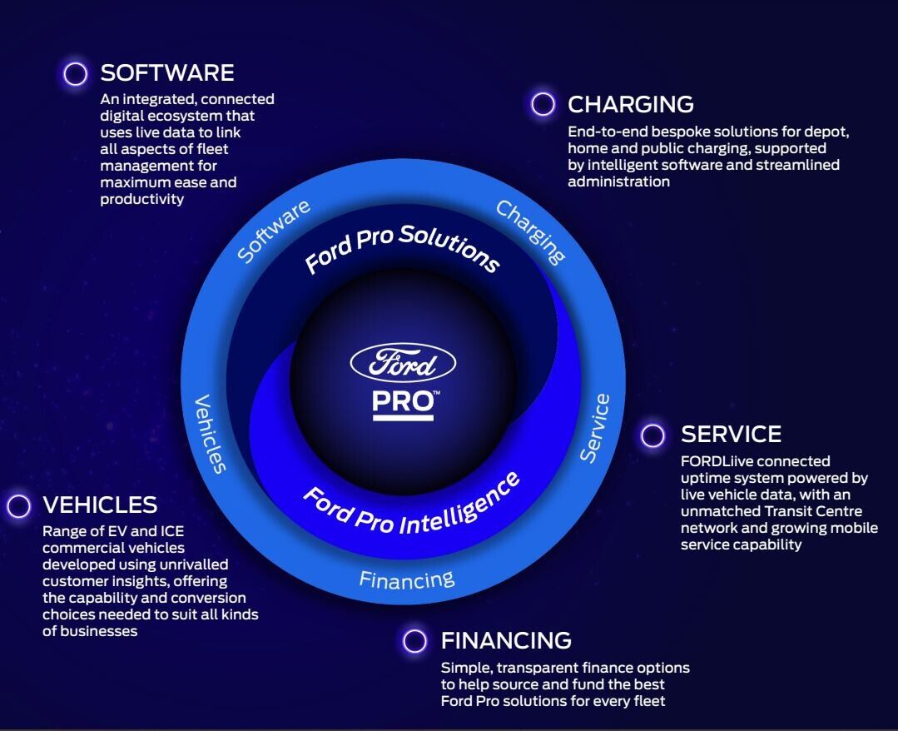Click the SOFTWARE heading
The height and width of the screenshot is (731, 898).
tap(167, 72)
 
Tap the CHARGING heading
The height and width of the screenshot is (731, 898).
tap(631, 104)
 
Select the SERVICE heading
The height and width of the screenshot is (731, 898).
tap(731, 435)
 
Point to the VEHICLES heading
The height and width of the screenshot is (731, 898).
tap(100, 505)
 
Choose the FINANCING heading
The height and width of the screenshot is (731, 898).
tap(506, 640)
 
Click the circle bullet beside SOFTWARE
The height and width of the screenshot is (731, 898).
tap(75, 73)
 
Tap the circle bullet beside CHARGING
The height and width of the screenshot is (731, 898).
tap(543, 104)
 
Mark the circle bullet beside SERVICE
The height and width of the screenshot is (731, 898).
tap(652, 435)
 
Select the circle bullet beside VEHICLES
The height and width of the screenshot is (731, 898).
tap(18, 506)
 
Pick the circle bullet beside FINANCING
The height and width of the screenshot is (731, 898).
tap(414, 640)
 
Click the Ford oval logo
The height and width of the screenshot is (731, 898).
tap(403, 363)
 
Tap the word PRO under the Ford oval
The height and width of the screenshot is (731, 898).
tap(403, 403)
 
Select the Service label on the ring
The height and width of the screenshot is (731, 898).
tap(594, 427)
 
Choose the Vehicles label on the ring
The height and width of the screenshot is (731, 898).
tap(211, 434)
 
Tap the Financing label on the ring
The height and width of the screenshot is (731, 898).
tap(407, 579)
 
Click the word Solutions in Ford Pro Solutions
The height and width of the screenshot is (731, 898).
tap(449, 248)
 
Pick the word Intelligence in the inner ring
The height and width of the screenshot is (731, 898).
tap(459, 505)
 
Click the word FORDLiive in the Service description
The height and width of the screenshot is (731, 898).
tap(715, 461)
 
